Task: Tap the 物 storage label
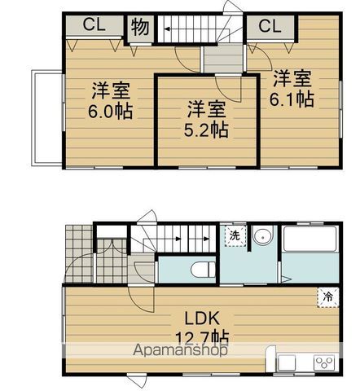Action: coord(138,28)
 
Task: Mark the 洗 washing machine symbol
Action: coord(235,235)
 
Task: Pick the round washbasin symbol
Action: coord(262,236)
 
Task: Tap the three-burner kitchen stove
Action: coord(322,362)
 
